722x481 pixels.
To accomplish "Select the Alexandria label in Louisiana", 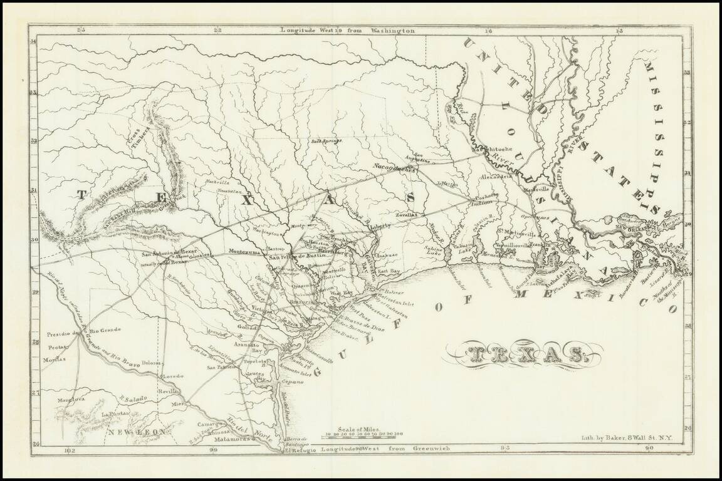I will click(497, 177).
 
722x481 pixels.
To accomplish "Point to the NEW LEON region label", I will click(135, 432).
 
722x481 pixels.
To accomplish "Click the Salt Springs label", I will click(327, 141).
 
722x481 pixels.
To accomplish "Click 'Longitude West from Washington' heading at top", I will click(347, 30).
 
